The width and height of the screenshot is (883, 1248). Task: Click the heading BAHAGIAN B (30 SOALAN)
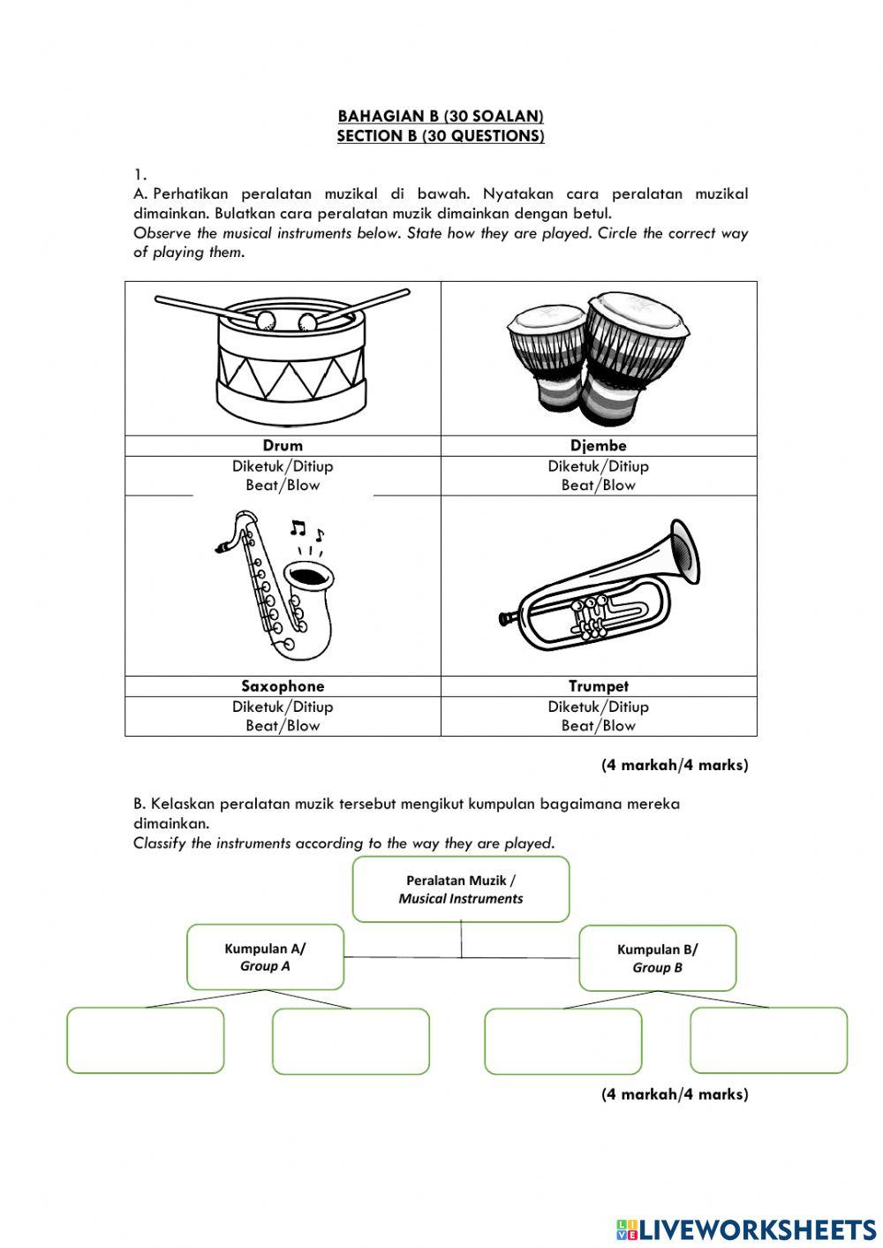tap(441, 116)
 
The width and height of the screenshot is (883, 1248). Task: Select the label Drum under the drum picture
tap(283, 446)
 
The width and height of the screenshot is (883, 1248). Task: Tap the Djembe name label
tap(598, 446)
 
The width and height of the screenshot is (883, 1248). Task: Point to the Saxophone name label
tap(283, 686)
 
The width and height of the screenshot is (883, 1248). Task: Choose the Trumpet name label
tap(599, 686)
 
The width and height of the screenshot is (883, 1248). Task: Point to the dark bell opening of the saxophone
tap(309, 577)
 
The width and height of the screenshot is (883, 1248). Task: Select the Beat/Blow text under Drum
tap(283, 485)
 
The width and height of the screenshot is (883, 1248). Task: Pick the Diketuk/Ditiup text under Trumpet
tap(598, 707)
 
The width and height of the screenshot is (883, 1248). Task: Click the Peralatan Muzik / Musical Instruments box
tap(461, 889)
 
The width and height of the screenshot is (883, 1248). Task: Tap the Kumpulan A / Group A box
tap(265, 957)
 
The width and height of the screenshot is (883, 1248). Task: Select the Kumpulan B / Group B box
tap(657, 958)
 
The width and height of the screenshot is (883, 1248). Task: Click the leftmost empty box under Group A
tap(146, 1040)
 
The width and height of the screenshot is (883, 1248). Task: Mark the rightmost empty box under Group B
tap(768, 1040)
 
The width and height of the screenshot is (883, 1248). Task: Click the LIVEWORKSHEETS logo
tap(746, 1229)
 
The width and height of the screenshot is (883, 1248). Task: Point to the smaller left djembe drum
tap(547, 353)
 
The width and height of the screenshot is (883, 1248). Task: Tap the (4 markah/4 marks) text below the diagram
tap(675, 1094)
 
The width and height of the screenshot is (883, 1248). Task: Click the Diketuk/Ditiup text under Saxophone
tap(283, 707)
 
